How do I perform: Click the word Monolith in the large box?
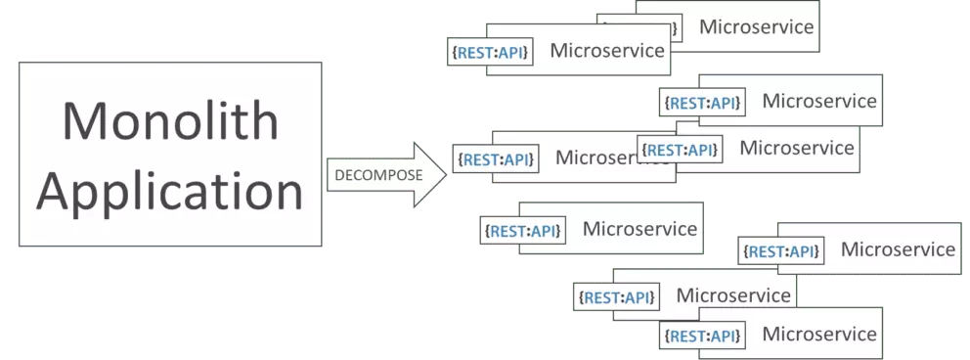[170, 121]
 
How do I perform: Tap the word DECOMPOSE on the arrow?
[378, 176]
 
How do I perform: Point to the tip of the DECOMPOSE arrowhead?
[446, 175]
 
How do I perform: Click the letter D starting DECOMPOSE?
[339, 176]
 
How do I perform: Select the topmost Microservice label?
[756, 26]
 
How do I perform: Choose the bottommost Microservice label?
[818, 335]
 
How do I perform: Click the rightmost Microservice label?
[898, 249]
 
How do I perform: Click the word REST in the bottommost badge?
[687, 337]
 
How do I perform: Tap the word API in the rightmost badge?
[801, 251]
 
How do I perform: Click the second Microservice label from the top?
[607, 51]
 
